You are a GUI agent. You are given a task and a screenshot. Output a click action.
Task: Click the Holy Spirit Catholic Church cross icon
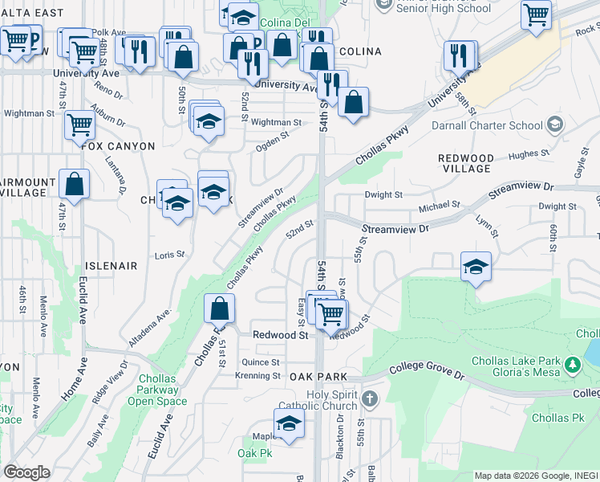click(369, 398)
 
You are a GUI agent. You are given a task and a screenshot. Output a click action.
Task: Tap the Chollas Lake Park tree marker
click(573, 366)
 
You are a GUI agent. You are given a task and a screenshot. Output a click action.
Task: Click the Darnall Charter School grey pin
click(555, 125)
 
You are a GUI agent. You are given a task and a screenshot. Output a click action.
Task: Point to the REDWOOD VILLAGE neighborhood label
click(466, 163)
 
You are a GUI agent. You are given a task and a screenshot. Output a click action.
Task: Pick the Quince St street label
click(260, 362)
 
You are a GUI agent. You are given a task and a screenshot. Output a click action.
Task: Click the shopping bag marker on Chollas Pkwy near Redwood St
click(219, 308)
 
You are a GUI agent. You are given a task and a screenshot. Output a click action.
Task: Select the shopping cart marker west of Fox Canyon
click(79, 125)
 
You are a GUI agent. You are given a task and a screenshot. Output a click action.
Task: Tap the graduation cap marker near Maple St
click(289, 423)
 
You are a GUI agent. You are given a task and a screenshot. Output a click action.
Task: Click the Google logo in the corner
click(26, 472)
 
